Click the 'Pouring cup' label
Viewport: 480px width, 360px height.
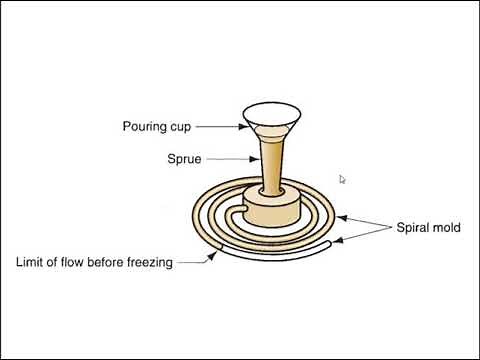pyautogui.click(x=157, y=127)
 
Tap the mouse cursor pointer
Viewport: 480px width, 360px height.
pyautogui.click(x=342, y=179)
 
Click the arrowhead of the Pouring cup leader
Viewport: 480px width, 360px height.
pyautogui.click(x=241, y=126)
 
